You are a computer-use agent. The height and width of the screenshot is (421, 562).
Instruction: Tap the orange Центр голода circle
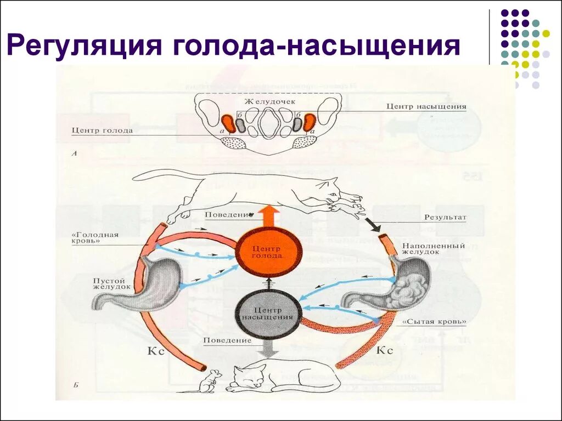269,252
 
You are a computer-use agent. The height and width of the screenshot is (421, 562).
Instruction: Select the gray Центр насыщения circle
269,312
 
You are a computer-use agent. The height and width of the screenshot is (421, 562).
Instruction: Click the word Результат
445,218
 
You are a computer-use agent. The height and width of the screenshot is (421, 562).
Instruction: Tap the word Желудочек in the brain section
269,102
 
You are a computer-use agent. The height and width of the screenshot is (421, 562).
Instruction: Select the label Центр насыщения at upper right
426,106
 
